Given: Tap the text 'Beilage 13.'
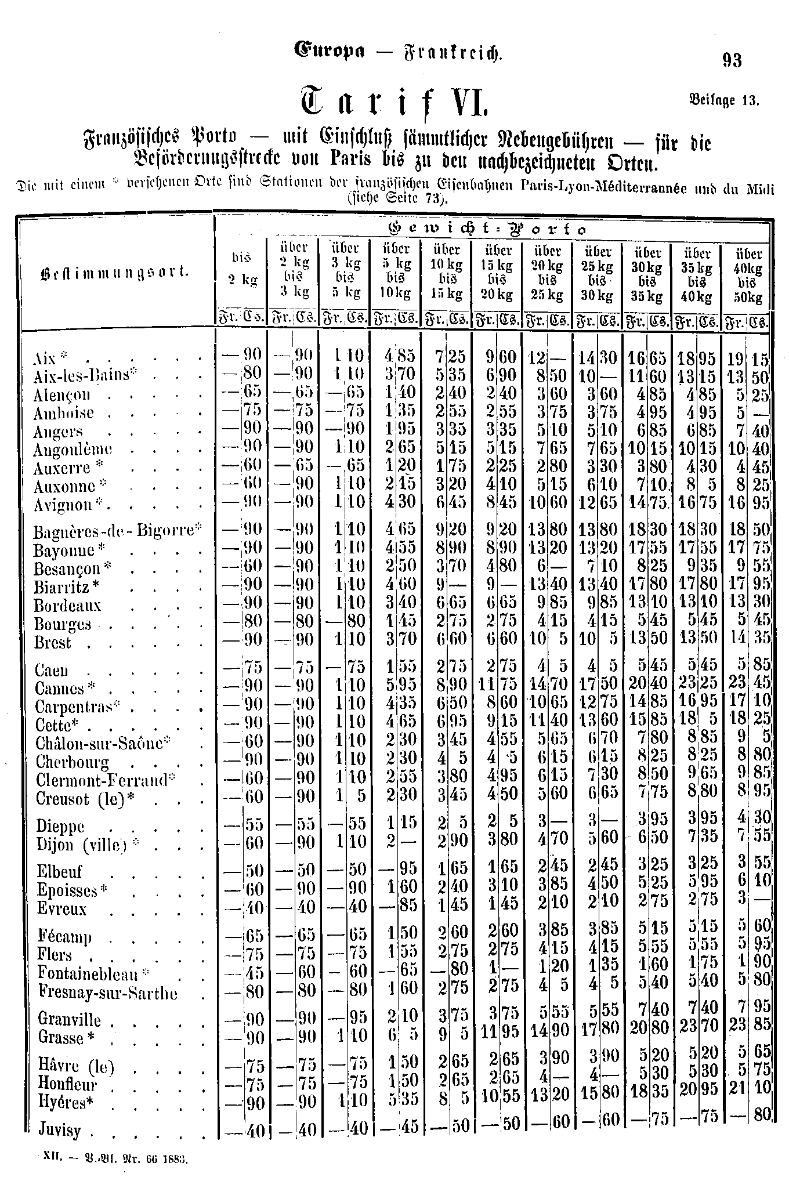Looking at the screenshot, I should (x=723, y=100).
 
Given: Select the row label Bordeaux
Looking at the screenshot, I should (x=68, y=606).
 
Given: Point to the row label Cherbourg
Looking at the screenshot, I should (x=73, y=762).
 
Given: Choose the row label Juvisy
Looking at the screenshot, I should (x=59, y=1129).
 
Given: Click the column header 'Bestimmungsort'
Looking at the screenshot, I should (x=115, y=271).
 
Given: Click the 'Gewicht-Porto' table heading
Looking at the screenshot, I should (x=491, y=229).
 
